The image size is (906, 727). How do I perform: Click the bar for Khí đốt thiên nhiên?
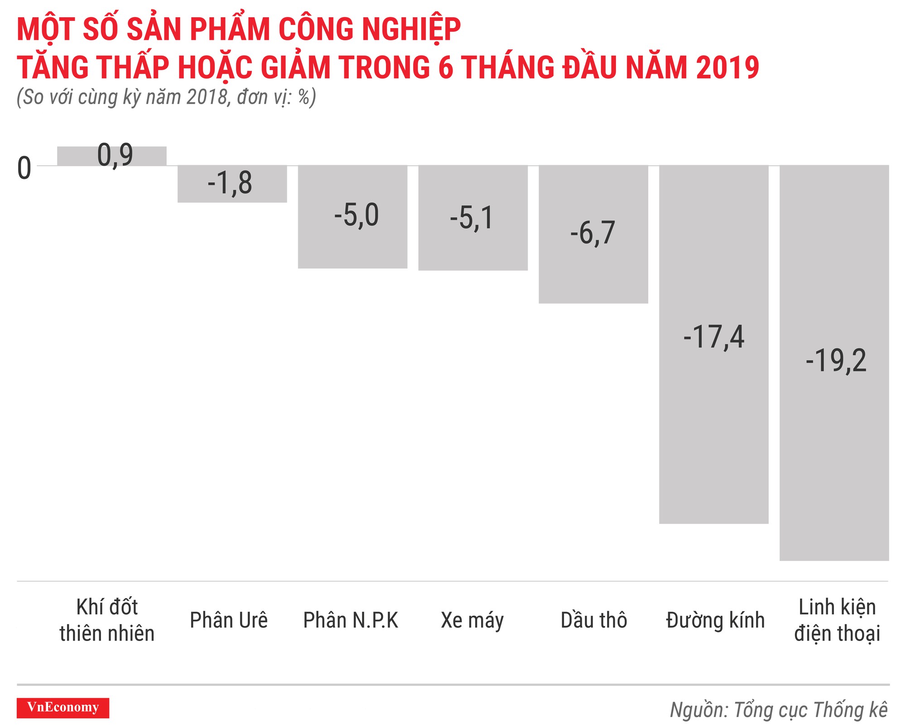pyautogui.click(x=111, y=156)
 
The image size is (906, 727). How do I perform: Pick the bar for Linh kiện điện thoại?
pyautogui.click(x=834, y=453)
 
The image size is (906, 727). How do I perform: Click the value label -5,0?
pyautogui.click(x=357, y=215)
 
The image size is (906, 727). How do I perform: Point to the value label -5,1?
pyautogui.click(x=472, y=218)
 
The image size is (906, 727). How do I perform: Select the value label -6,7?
pyautogui.click(x=593, y=233)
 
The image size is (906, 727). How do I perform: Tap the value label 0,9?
pyautogui.click(x=115, y=155)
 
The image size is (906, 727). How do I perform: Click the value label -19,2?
pyautogui.click(x=836, y=361)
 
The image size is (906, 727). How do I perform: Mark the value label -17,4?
pyautogui.click(x=713, y=337)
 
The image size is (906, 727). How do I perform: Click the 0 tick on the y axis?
pyautogui.click(x=24, y=168)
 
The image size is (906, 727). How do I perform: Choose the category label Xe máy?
pyautogui.click(x=472, y=620)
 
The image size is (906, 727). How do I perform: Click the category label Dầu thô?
pyautogui.click(x=593, y=620)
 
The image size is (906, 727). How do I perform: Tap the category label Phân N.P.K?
pyautogui.click(x=351, y=620)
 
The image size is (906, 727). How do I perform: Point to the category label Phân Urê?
pyautogui.click(x=229, y=620)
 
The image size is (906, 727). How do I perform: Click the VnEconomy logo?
pyautogui.click(x=63, y=708)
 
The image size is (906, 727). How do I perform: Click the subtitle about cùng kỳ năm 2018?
pyautogui.click(x=166, y=97)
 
